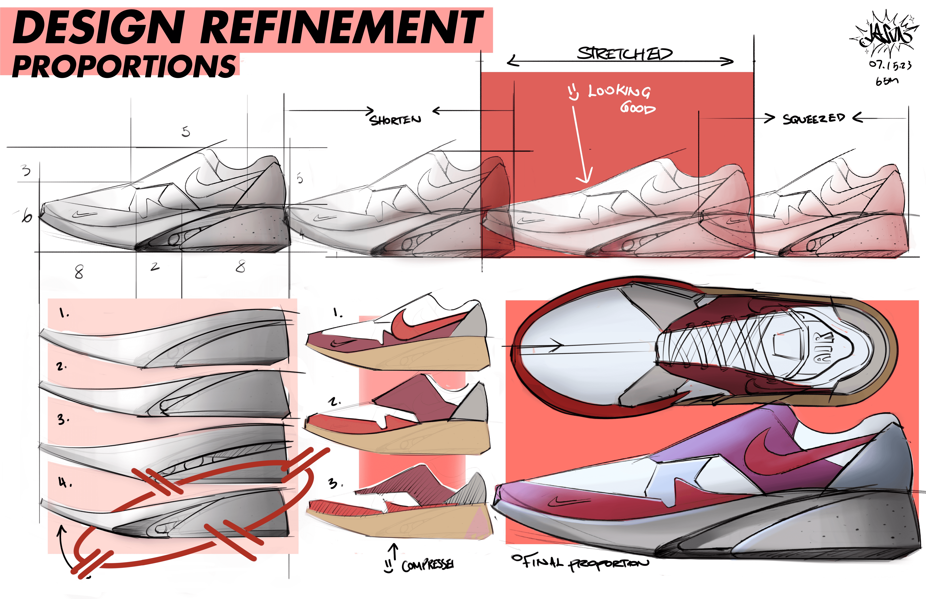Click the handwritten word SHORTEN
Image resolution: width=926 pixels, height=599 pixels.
(x=395, y=120)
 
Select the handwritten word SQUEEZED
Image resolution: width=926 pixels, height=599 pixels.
(x=813, y=118)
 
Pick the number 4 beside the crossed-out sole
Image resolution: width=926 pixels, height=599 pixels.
(x=62, y=483)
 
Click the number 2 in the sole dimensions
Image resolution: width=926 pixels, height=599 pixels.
(x=155, y=267)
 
